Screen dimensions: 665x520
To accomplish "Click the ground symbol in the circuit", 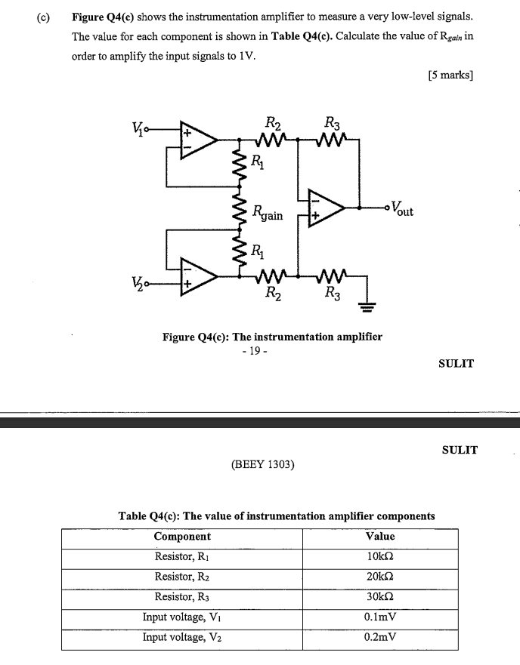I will point(366,305).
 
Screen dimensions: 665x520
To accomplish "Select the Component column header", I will point(182,536).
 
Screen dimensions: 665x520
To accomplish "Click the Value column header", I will point(379,536).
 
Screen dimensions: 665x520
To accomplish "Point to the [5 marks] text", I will point(450,75).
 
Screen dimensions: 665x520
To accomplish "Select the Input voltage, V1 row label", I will point(182,617).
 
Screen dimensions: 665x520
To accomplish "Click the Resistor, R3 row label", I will point(182,597).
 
